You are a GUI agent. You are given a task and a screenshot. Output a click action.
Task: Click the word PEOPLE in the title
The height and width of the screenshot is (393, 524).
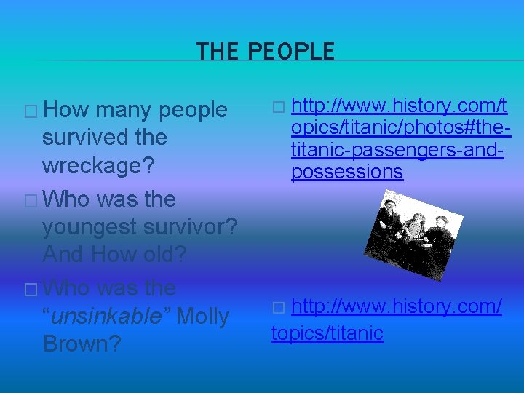click(291, 52)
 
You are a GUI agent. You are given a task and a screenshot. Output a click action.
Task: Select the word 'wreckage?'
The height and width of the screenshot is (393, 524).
click(98, 165)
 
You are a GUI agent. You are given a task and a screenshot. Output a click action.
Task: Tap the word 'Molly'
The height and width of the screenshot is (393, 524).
click(202, 317)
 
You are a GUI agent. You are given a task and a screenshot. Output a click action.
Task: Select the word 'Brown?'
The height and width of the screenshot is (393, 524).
click(82, 344)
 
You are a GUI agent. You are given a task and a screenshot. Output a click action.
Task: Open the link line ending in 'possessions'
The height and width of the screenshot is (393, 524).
click(346, 172)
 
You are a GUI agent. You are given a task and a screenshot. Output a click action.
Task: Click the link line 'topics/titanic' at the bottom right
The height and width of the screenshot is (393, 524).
click(327, 333)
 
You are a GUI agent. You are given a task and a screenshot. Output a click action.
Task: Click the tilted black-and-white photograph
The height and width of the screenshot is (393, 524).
click(411, 232)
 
